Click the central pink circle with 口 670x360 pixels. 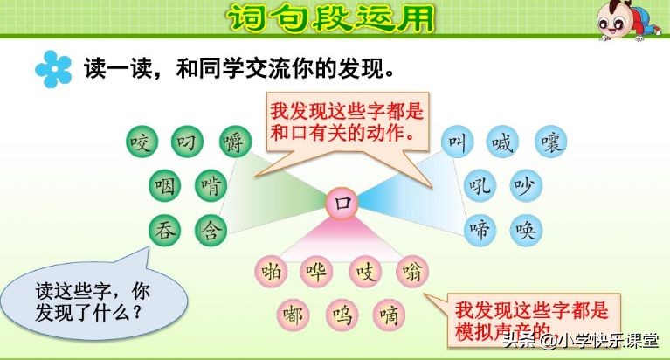coord(342,204)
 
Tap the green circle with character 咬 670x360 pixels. coord(140,140)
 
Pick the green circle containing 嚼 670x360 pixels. coord(232,140)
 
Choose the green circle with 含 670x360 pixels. coord(210,230)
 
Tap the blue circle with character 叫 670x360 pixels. coord(455,141)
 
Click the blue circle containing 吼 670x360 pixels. coord(479,185)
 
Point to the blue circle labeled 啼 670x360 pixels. coord(479,230)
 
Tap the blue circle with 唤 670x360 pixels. coord(526,230)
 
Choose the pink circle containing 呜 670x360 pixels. coord(341,314)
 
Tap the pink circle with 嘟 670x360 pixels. coord(294,314)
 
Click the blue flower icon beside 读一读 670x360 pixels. coord(53,69)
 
